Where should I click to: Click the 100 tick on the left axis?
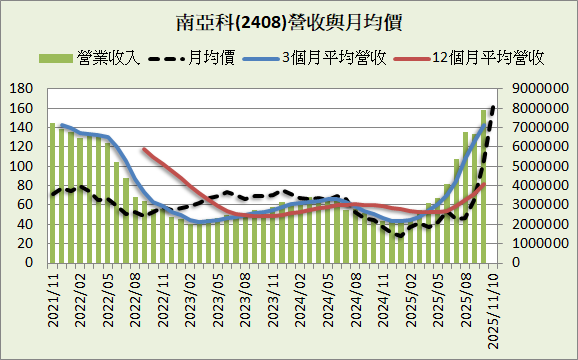(22, 166)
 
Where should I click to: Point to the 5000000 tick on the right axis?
(540, 166)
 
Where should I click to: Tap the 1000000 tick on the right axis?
(540, 243)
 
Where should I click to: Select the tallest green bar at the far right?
(484, 186)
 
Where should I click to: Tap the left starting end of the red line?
(144, 149)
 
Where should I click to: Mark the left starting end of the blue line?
(62, 126)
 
